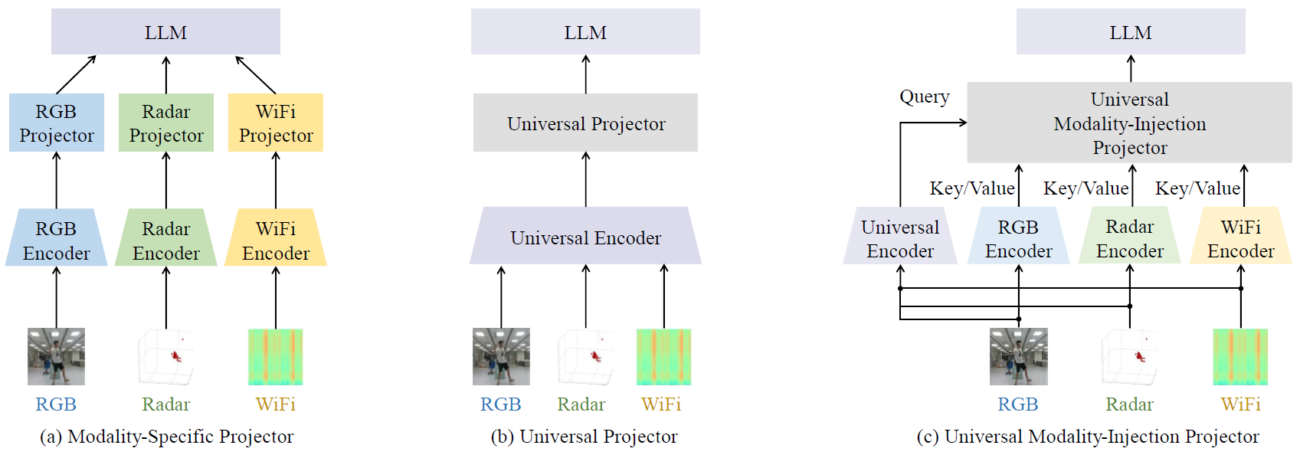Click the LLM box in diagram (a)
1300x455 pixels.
[165, 32]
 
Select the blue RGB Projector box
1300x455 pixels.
[57, 123]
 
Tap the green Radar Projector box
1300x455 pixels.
[166, 123]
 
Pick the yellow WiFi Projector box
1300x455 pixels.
[276, 123]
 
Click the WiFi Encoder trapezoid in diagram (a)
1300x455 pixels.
[276, 240]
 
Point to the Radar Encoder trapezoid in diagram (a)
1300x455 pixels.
[166, 240]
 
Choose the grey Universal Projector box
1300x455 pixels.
[585, 123]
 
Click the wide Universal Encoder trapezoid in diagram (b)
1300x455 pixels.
[585, 237]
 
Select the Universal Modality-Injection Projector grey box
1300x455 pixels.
[1129, 123]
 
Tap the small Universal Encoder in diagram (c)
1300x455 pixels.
[900, 238]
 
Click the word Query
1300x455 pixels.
[924, 97]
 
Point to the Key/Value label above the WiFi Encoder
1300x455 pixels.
[1197, 188]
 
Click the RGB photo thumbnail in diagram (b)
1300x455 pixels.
[501, 357]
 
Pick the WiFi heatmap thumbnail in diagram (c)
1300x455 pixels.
[1240, 357]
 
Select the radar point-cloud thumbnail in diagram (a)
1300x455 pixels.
[166, 357]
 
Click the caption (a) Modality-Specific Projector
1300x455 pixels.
[166, 437]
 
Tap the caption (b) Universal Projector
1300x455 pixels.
[584, 437]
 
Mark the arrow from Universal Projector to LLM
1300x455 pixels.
[586, 74]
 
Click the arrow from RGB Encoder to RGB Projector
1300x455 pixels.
[57, 180]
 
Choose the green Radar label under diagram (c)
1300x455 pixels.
[1129, 404]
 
